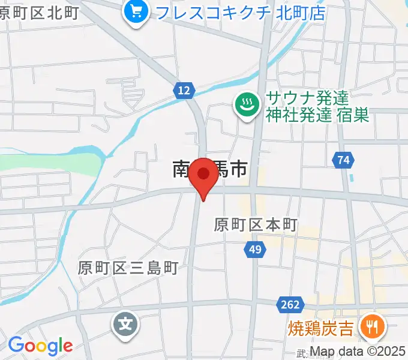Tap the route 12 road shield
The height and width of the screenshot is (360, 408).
coord(185,91)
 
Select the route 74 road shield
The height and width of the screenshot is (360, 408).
coord(343,160)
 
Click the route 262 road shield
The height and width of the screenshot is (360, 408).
coord(289,305)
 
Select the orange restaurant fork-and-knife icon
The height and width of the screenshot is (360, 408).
coord(372,327)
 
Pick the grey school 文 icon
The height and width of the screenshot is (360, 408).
coord(125,326)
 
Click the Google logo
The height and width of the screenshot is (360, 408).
coord(40,346)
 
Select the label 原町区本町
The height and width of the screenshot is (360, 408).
coord(256,225)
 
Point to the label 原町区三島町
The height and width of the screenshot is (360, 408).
coord(128,268)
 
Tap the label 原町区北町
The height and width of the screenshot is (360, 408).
coord(39,13)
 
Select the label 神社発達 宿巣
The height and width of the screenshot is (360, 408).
coord(317,115)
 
